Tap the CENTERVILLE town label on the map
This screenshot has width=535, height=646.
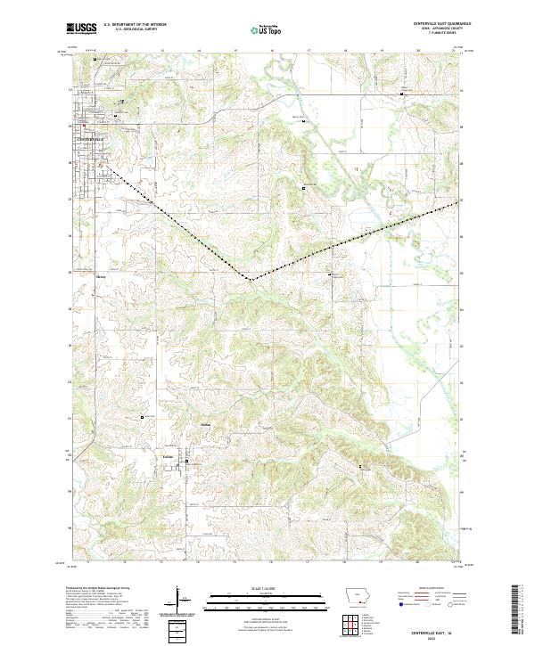click(x=90, y=138)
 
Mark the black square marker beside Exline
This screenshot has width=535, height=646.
click(x=188, y=461)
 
